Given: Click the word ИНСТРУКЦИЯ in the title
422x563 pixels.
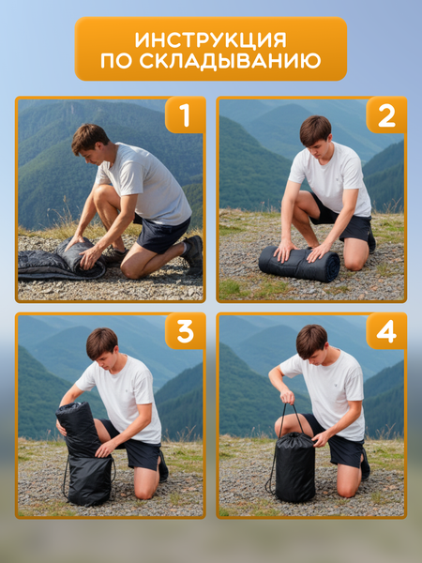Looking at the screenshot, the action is pyautogui.click(x=211, y=39).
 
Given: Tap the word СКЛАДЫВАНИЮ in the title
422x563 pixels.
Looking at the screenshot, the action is pyautogui.click(x=230, y=61).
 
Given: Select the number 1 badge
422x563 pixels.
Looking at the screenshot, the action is pyautogui.click(x=185, y=114).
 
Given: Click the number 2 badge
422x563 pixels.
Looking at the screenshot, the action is pyautogui.click(x=386, y=114).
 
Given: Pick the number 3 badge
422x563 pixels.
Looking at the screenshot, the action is pyautogui.click(x=185, y=330).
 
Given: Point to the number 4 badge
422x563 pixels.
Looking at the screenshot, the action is pyautogui.click(x=386, y=330).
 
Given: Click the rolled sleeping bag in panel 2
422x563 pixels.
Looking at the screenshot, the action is pyautogui.click(x=299, y=264).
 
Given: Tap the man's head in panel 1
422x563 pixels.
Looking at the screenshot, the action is pyautogui.click(x=89, y=143).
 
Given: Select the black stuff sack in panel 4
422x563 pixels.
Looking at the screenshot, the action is pyautogui.click(x=295, y=466).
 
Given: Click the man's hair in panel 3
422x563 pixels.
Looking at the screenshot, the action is pyautogui.click(x=102, y=342).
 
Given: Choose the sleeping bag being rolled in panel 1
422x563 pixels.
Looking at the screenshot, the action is pyautogui.click(x=61, y=260).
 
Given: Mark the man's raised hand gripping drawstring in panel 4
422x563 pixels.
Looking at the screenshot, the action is pyautogui.click(x=287, y=396).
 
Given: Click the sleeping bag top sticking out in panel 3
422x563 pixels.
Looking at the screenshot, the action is pyautogui.click(x=77, y=429).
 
